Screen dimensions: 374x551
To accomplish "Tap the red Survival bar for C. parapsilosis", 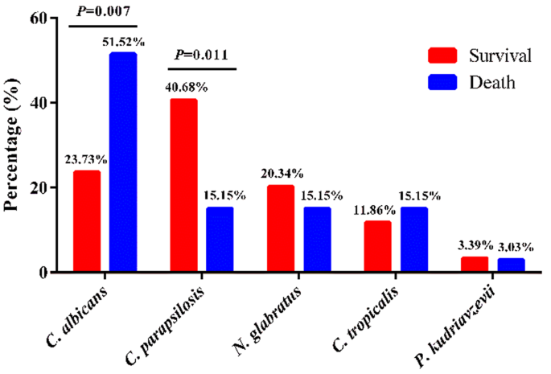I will point(183,185).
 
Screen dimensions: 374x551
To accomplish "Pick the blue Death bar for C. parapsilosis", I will point(220,240).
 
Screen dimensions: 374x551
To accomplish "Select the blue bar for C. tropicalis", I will point(413,240).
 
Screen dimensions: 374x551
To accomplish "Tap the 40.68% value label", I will point(183,87).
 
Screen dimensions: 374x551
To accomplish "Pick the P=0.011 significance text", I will point(201,55).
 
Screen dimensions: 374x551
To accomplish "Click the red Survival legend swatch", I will point(440,55).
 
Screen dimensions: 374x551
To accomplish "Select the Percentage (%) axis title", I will point(13,145).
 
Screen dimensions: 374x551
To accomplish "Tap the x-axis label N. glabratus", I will point(270,317).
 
